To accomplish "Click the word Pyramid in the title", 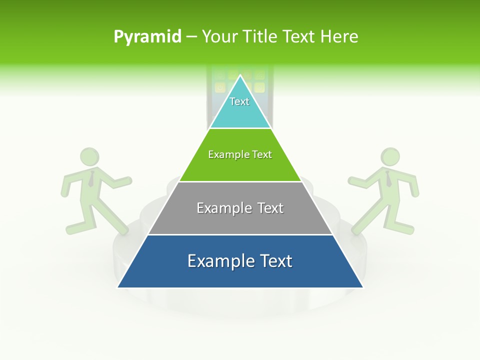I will click(147, 37).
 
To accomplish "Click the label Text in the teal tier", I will click(239, 101).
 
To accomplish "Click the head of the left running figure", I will click(90, 157).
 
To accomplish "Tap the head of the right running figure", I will click(390, 156).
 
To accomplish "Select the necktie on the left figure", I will click(91, 178).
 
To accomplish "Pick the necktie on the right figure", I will click(388, 178).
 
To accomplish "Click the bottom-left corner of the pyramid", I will click(118, 287).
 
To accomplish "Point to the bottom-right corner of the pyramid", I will click(362, 287).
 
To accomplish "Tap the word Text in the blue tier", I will click(275, 261).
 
